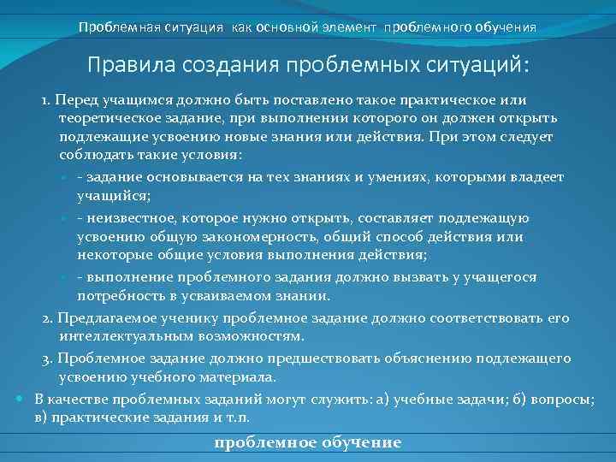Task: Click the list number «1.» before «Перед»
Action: coord(48,101)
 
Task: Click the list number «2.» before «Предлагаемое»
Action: coord(48,318)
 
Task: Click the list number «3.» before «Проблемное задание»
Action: coord(48,358)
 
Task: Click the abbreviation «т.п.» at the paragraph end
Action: coord(261,418)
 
